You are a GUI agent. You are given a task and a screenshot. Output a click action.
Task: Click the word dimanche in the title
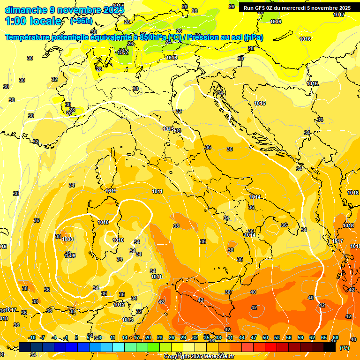tap(26, 10)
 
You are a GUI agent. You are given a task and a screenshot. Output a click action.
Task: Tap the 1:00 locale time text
tap(33, 21)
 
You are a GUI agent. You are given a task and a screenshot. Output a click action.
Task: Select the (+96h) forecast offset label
tap(81, 21)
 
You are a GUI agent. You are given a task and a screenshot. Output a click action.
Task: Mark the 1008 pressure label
tap(67, 239)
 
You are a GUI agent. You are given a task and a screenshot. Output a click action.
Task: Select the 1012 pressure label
tap(119, 305)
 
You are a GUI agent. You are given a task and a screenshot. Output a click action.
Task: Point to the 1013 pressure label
tap(127, 320)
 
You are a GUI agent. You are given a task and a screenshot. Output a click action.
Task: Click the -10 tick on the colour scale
tap(32, 337)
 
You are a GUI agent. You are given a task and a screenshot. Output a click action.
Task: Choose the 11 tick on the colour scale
tap(112, 337)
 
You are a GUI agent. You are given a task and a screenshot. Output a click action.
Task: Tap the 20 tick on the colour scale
tap(148, 337)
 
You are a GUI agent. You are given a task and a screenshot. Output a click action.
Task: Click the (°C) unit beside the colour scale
tap(345, 348)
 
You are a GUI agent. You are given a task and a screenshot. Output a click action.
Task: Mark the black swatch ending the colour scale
tap(330, 347)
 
